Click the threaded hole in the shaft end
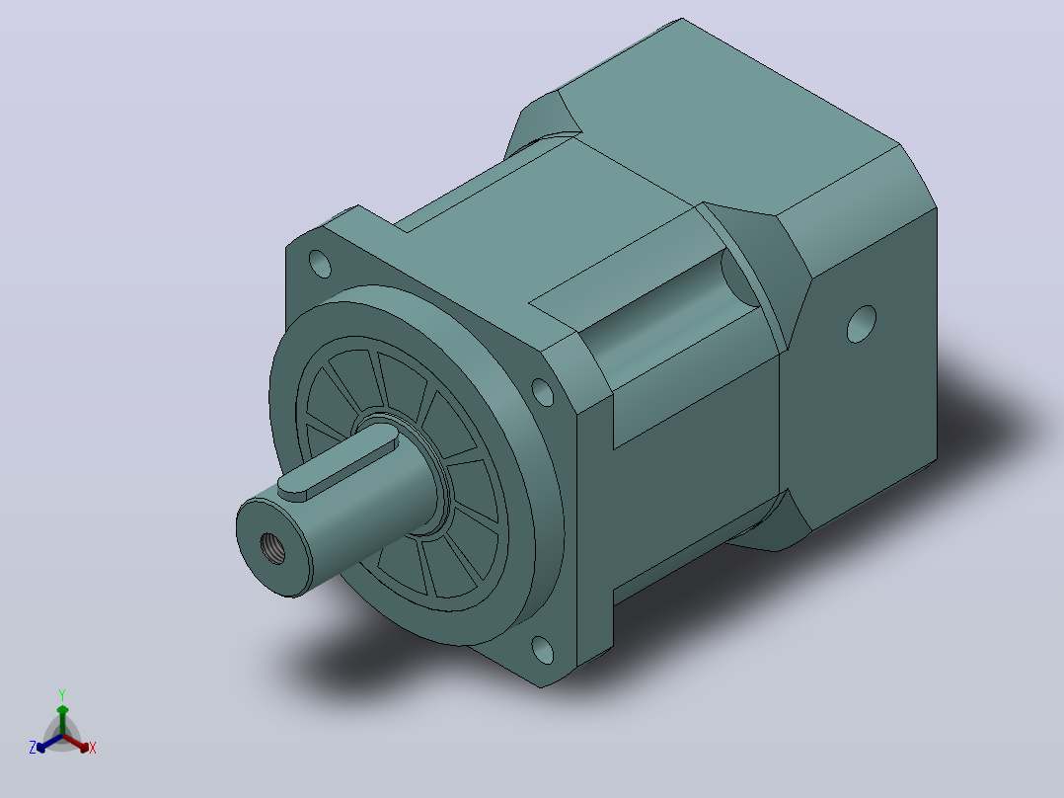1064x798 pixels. click(272, 549)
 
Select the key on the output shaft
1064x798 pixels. click(338, 467)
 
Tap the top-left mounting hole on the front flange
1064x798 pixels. click(320, 264)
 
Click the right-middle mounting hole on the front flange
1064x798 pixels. click(542, 392)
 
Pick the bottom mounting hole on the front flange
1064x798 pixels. click(542, 649)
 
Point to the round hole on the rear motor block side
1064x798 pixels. click(861, 324)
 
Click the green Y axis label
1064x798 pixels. click(62, 695)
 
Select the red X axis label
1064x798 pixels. click(93, 748)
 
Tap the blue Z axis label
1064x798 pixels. click(33, 747)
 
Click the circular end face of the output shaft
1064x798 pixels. click(272, 547)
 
